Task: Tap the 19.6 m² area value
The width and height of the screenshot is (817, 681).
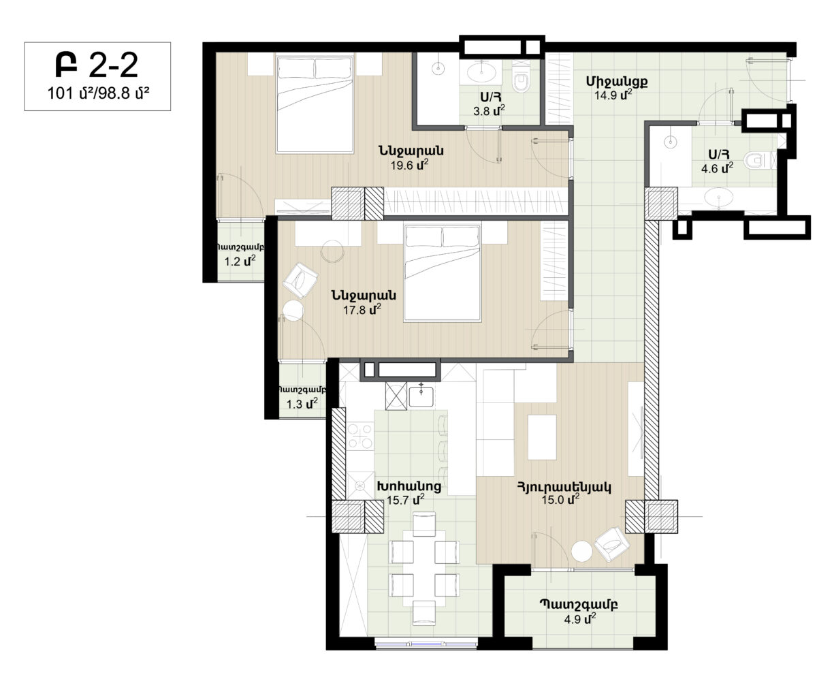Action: click(409, 165)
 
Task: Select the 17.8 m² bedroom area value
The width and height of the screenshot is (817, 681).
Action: click(362, 310)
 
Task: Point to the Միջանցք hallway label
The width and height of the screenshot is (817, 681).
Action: click(617, 82)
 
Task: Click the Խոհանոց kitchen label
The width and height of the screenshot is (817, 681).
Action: click(409, 486)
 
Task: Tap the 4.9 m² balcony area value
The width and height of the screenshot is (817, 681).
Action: click(580, 619)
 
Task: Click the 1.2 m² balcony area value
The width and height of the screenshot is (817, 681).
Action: click(240, 261)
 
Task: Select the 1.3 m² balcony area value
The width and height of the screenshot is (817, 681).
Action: click(302, 403)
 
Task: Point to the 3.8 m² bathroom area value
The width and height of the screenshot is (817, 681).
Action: click(489, 110)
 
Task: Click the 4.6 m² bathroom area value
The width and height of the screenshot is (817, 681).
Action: click(717, 168)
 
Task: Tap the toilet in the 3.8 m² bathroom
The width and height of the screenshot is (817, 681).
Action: click(521, 80)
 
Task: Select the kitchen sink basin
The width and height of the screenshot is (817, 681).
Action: click(421, 396)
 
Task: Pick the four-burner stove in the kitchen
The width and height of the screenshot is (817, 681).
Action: click(360, 436)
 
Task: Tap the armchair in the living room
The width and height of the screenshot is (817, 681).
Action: click(612, 544)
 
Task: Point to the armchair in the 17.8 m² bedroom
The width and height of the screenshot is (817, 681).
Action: click(300, 280)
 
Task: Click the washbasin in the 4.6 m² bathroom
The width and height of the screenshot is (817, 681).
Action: click(719, 197)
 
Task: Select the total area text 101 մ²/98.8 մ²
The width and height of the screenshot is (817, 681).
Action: click(98, 94)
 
